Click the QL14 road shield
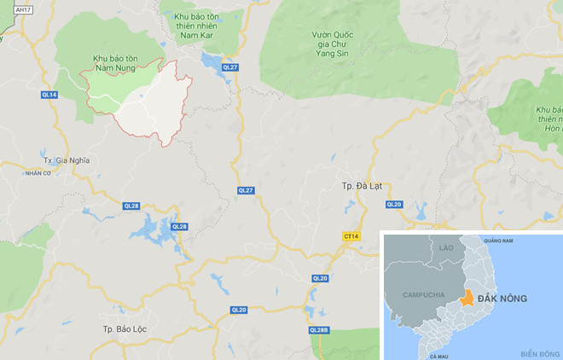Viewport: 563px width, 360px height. click(49, 95)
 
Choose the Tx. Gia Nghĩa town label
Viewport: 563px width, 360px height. click(66, 160)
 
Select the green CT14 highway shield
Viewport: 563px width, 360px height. click(350, 235)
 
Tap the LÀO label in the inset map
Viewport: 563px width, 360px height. click(446, 247)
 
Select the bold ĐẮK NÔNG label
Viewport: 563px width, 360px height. click(502, 298)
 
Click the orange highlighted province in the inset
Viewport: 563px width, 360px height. click(465, 299)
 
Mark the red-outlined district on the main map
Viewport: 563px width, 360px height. click(154, 102)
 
